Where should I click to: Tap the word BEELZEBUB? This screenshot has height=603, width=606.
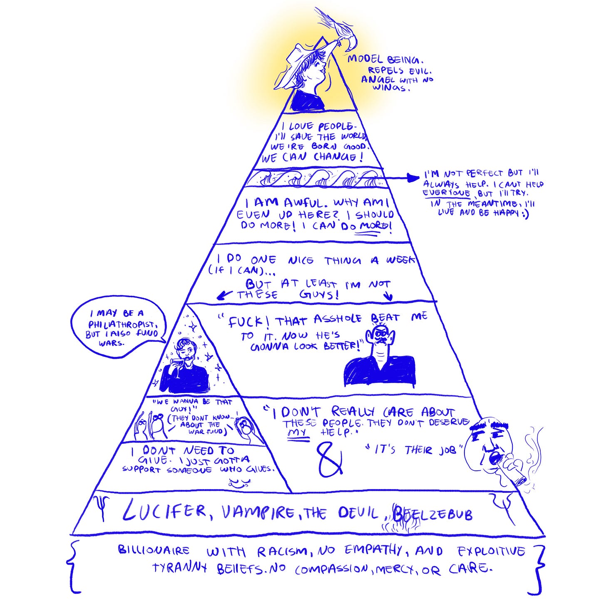point(432,514)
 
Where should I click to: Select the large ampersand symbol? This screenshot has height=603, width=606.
point(330,460)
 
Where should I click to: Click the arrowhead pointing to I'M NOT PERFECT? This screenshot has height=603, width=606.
point(414,178)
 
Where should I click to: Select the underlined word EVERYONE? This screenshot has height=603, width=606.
point(447,193)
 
